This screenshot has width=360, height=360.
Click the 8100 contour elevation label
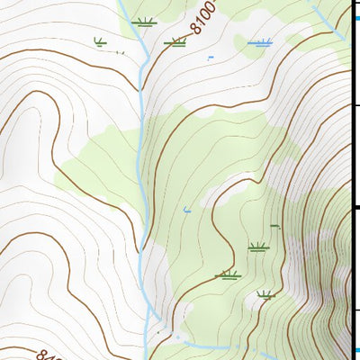(205, 16)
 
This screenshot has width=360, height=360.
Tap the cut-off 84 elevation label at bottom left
(44, 354)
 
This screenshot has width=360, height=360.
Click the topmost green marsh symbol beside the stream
(142, 22)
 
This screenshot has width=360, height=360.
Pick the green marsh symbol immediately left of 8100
(175, 41)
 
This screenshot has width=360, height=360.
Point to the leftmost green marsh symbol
(100, 40)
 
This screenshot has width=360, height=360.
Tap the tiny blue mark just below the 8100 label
(210, 58)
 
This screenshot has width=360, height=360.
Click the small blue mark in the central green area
(187, 210)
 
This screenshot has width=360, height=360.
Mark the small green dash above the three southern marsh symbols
(274, 225)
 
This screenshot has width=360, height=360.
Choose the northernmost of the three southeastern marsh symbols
(258, 247)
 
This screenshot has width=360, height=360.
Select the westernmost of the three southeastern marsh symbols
(229, 274)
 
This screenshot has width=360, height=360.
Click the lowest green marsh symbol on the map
(265, 294)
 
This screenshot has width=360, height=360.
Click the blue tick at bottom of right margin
(355, 350)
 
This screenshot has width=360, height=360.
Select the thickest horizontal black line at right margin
(355, 208)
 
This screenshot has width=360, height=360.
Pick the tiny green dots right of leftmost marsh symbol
(119, 51)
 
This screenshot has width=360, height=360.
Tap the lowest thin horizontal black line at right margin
(355, 310)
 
